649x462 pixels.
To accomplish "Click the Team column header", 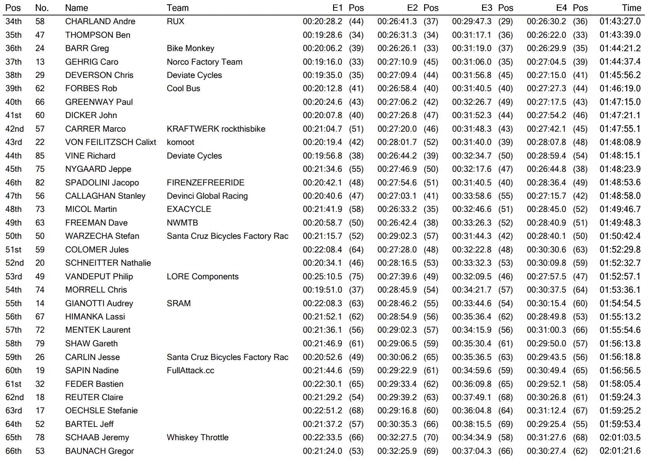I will click(177, 8).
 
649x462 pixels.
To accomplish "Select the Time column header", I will click(631, 8).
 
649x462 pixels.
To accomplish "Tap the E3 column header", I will click(486, 8).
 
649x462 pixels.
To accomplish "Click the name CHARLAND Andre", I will click(100, 21).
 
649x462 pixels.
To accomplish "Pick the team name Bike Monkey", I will click(190, 48).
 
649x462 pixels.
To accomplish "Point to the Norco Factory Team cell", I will click(204, 62).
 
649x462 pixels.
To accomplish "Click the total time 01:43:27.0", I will click(620, 21).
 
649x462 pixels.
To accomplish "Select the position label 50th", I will click(14, 236).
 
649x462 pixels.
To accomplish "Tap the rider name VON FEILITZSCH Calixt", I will click(111, 142).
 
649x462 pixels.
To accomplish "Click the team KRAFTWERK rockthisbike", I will click(216, 129).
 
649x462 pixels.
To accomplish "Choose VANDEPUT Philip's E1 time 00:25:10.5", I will click(322, 277).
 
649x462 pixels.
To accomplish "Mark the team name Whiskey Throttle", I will click(197, 437).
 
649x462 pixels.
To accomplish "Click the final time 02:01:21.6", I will click(620, 451).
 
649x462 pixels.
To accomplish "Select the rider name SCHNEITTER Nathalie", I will click(108, 263).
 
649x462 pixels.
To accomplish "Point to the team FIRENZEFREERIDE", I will click(205, 183).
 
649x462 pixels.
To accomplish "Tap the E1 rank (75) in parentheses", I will click(356, 277).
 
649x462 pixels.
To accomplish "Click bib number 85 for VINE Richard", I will click(40, 156).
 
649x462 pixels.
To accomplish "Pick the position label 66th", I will click(14, 451).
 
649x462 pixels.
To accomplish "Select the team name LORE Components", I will click(202, 277).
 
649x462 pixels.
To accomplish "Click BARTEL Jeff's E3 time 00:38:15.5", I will click(472, 424).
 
